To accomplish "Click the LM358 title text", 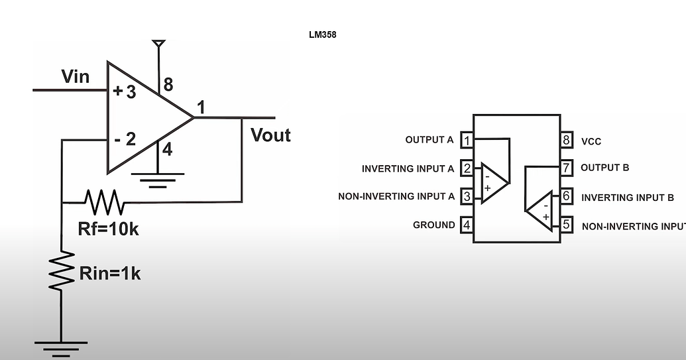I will pos(322,34).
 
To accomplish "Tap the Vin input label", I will pos(75,76).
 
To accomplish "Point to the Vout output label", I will pos(270,135).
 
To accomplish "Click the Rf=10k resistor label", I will pos(109,229).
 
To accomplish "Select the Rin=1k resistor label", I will pos(109,272).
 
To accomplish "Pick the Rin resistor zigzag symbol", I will pos(61,269).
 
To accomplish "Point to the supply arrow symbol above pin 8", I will pos(158,45).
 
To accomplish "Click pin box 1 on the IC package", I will pos(467,141).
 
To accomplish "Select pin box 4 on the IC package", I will pos(467,225).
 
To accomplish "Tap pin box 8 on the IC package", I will pos(566,141).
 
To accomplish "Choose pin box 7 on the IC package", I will pos(566,168).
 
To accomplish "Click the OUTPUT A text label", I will pos(429,140).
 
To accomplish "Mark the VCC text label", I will pos(591,142).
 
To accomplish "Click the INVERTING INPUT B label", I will pos(627,198).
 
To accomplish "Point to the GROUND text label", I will pos(433,225).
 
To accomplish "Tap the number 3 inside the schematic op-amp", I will pos(131,92).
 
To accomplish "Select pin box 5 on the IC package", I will pos(566,225).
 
